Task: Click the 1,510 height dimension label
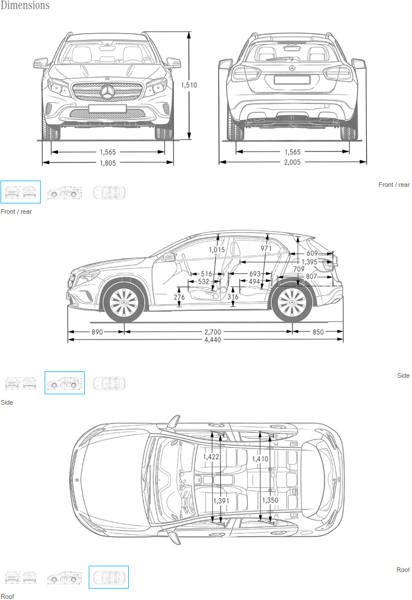coord(189,85)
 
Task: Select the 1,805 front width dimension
coord(108,163)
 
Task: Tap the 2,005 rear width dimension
coord(292,163)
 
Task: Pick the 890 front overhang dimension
coord(97,332)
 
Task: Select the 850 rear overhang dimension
coord(318,332)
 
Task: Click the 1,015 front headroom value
coord(217,250)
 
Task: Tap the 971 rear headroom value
coord(266,249)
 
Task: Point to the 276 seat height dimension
coord(179,297)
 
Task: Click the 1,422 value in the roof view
coord(212,457)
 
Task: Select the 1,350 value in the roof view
coord(270,500)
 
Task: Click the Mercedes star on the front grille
coord(108,93)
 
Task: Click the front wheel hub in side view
coord(123,302)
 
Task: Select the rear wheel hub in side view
coord(292,302)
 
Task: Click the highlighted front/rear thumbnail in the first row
coord(21,192)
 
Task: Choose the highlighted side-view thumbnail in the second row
coord(65,383)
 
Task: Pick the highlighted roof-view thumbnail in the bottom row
coord(109,577)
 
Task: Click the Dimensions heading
coord(25,6)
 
